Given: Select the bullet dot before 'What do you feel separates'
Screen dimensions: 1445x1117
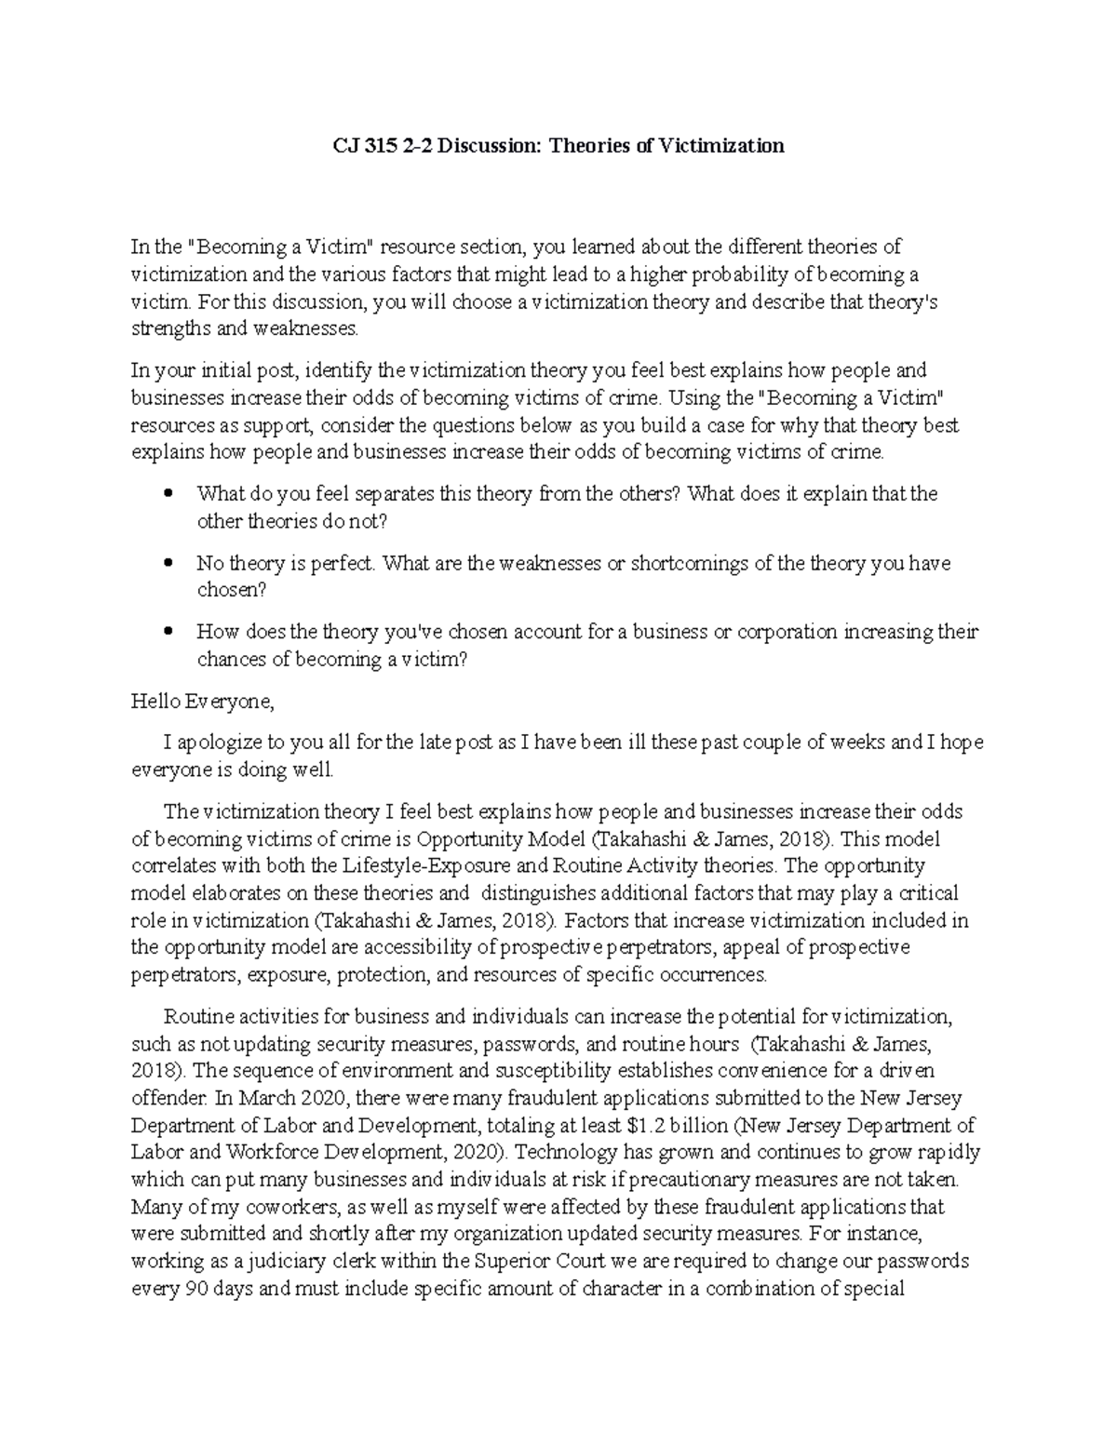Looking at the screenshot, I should point(168,494).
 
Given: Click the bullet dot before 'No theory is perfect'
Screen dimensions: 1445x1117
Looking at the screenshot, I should point(168,563).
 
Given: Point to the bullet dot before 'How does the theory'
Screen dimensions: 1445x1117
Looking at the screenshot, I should point(168,632).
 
